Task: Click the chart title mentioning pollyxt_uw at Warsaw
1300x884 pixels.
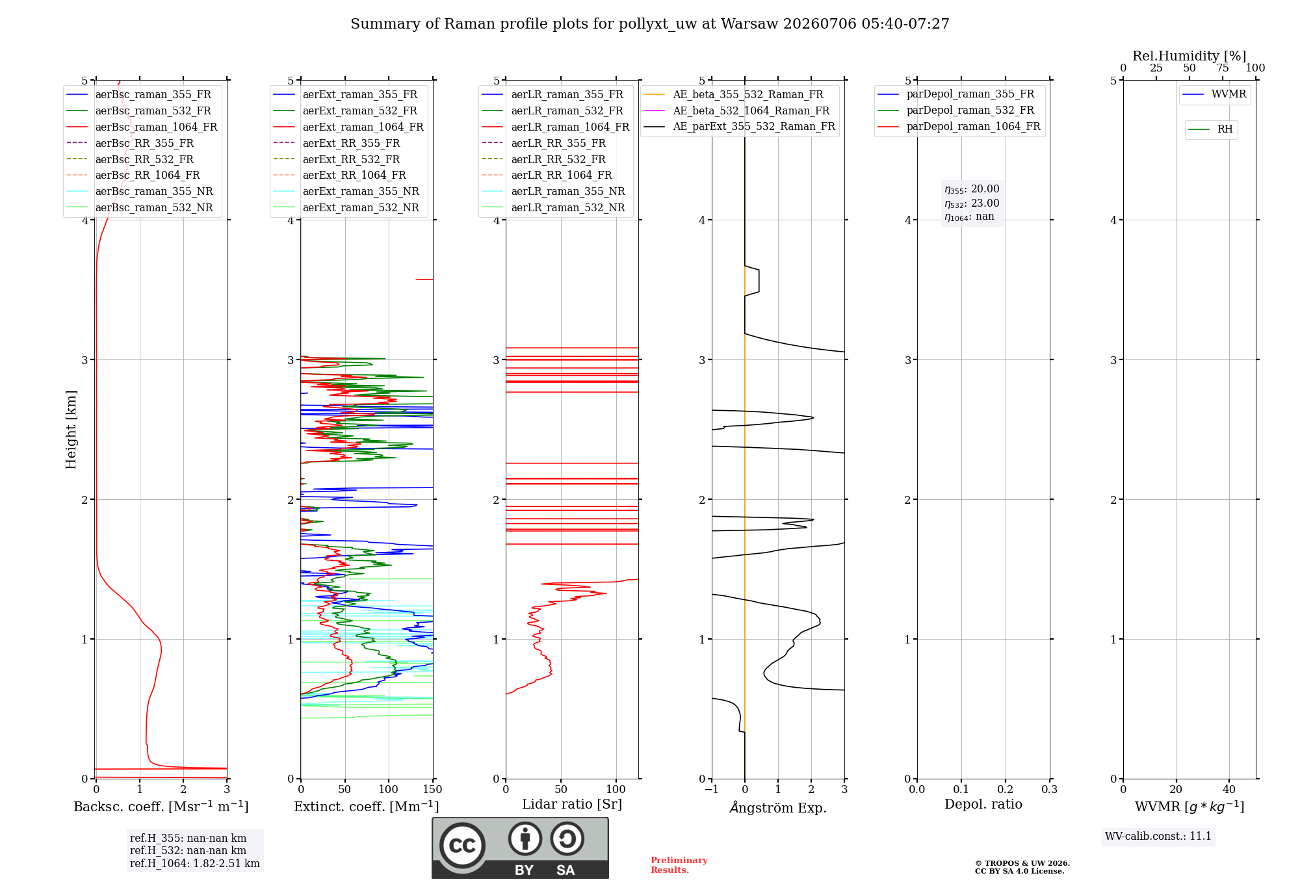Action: click(650, 24)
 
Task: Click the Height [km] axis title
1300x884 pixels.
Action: click(71, 430)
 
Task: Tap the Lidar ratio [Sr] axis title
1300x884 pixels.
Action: click(572, 804)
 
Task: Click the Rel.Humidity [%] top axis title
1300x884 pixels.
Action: click(1189, 56)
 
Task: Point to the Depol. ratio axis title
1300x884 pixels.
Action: click(983, 804)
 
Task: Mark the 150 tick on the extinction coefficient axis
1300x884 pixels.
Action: click(432, 789)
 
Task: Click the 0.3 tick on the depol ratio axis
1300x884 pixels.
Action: click(1049, 789)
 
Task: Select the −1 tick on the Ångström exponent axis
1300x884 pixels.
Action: click(712, 789)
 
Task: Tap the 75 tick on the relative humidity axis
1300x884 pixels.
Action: click(1223, 68)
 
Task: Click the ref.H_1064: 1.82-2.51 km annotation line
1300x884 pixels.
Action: click(194, 863)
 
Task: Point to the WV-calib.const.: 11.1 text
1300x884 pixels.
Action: click(1158, 836)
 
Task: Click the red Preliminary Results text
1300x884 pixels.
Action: click(679, 865)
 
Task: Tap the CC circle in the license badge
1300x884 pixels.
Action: click(462, 846)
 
